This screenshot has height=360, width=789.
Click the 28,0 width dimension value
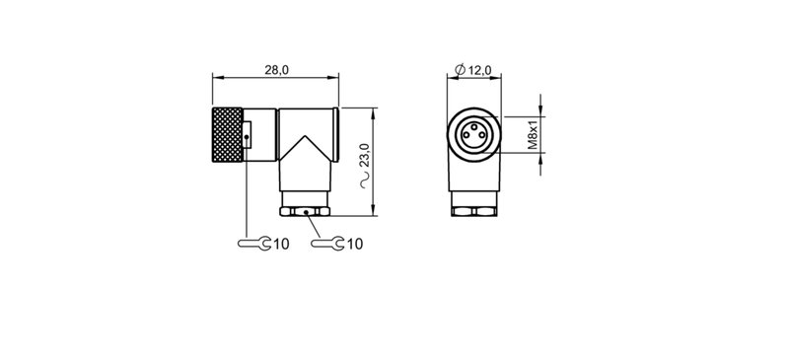[277, 70]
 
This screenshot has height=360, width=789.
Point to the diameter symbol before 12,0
[460, 70]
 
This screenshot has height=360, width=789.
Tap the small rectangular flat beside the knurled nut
[248, 131]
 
